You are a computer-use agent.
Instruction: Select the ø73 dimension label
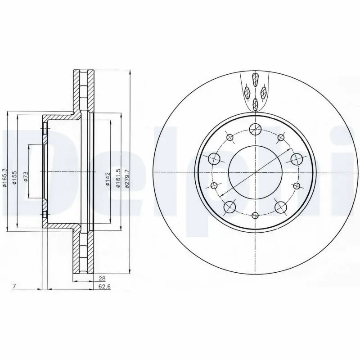pyautogui.click(x=26, y=176)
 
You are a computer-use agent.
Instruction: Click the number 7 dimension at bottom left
pyautogui.click(x=14, y=286)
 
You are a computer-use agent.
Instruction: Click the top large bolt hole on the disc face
pyautogui.click(x=255, y=129)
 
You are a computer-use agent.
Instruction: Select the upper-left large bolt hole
pyautogui.click(x=214, y=158)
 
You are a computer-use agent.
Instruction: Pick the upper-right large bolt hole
pyautogui.click(x=297, y=158)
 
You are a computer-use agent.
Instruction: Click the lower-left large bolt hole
pyautogui.click(x=229, y=207)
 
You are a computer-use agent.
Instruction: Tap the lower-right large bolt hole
pyautogui.click(x=281, y=207)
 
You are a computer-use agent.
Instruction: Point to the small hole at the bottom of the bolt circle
pyautogui.click(x=255, y=215)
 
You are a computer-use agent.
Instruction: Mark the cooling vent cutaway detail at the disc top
pyautogui.click(x=255, y=92)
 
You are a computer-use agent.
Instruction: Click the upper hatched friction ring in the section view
pyautogui.click(x=84, y=92)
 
